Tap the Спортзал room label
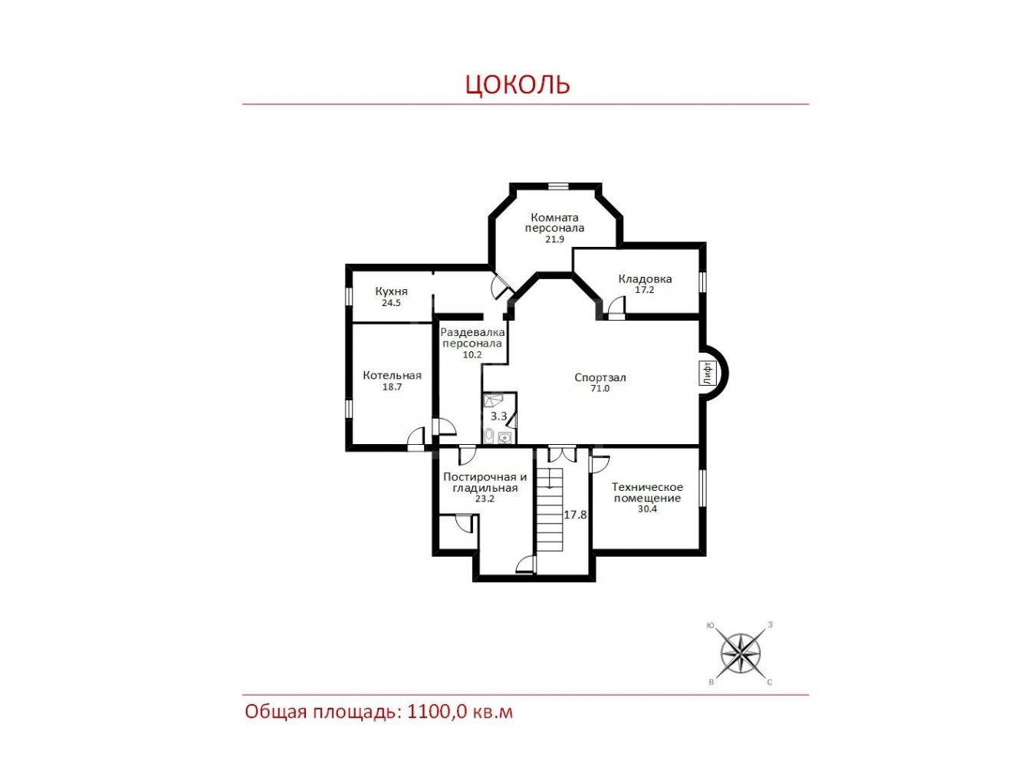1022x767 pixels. coord(600,377)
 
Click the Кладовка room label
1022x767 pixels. coord(644,279)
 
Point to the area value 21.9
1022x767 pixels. coord(554,239)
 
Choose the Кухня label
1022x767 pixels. coord(391,291)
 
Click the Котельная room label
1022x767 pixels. coord(392,375)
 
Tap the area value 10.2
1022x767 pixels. coord(472,354)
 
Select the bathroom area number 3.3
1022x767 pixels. coord(498,416)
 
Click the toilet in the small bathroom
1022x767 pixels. coord(489,436)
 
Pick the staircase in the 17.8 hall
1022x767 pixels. coord(550,509)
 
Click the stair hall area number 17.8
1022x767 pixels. coord(575,515)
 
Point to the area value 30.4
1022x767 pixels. coord(647,509)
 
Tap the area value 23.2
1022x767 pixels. coord(485,499)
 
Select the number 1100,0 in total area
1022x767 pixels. coord(436,712)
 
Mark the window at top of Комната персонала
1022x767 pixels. coord(558,186)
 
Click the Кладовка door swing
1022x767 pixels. coord(616,305)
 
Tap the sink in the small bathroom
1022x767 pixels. coord(504,438)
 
